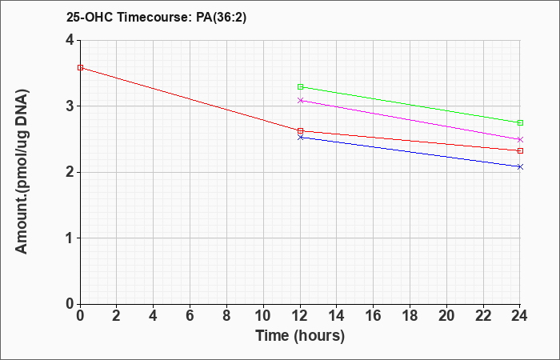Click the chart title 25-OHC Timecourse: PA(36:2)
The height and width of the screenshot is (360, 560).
pyautogui.click(x=156, y=17)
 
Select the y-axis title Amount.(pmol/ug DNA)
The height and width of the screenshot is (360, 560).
pyautogui.click(x=22, y=171)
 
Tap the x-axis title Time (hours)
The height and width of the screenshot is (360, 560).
pyautogui.click(x=300, y=336)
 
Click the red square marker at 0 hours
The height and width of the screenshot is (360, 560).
pyautogui.click(x=80, y=67)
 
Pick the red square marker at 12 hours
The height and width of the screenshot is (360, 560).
pyautogui.click(x=300, y=131)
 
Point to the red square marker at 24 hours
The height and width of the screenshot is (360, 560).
pyautogui.click(x=520, y=150)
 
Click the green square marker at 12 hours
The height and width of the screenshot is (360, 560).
pyautogui.click(x=300, y=86)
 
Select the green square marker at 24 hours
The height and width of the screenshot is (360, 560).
pyautogui.click(x=520, y=123)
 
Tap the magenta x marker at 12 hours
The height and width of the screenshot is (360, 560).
pyautogui.click(x=300, y=100)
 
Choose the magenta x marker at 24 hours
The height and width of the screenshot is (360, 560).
pyautogui.click(x=520, y=139)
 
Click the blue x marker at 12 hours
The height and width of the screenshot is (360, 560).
pyautogui.click(x=300, y=137)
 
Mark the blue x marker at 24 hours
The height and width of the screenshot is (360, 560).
pyautogui.click(x=520, y=166)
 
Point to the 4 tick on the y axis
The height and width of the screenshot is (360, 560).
pyautogui.click(x=78, y=40)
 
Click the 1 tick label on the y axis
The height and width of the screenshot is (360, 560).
pyautogui.click(x=70, y=238)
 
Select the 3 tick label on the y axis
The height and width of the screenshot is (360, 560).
pyautogui.click(x=70, y=106)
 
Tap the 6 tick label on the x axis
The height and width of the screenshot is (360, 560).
pyautogui.click(x=190, y=316)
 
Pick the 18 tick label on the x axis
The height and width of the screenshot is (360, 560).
pyautogui.click(x=410, y=316)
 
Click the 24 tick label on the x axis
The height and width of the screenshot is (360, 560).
pyautogui.click(x=520, y=316)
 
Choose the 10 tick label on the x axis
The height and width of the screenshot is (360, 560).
pyautogui.click(x=263, y=316)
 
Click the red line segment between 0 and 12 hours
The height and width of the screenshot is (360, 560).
pyautogui.click(x=190, y=99)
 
